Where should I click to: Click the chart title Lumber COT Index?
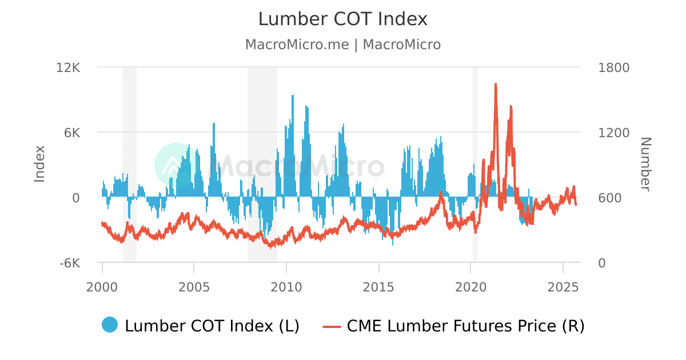pyautogui.click(x=342, y=19)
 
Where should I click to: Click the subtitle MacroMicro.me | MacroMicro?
pyautogui.click(x=342, y=45)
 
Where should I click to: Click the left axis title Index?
pyautogui.click(x=39, y=164)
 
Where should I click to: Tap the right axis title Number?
pyautogui.click(x=645, y=164)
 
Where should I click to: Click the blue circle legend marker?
pyautogui.click(x=110, y=325)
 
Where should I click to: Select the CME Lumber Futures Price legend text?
pyautogui.click(x=465, y=326)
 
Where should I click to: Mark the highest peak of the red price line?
pyautogui.click(x=495, y=84)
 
